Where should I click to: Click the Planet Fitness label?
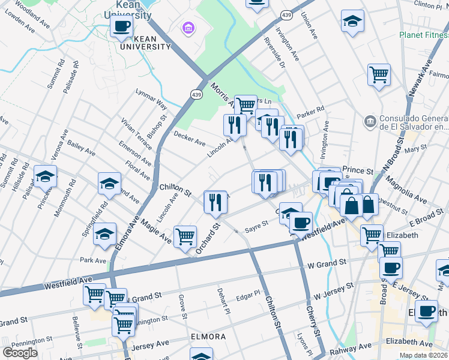coord(424,35)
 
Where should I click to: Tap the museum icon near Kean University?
coord(188,28)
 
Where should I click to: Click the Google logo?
coord(20,353)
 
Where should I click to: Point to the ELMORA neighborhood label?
coord(208,337)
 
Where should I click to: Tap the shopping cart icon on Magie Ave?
coord(185,235)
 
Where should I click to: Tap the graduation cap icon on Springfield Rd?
coord(104,234)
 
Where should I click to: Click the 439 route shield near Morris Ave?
coord(197,94)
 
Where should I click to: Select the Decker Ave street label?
coord(190,139)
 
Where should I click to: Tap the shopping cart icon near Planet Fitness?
coord(379,74)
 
